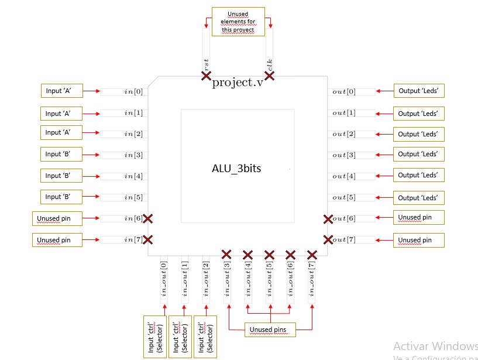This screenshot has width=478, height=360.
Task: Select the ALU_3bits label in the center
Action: (x=236, y=168)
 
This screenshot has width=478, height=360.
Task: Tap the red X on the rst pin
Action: (x=206, y=76)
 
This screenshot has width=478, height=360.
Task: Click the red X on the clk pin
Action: (x=270, y=76)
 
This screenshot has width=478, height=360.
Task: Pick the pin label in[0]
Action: (x=133, y=92)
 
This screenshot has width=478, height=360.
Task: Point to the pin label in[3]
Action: (x=133, y=156)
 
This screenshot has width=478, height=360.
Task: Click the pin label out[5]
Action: (x=343, y=198)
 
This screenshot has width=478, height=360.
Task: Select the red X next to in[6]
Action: (x=148, y=218)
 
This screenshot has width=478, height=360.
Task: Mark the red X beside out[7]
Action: (x=328, y=239)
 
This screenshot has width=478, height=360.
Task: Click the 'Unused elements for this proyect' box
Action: (x=238, y=22)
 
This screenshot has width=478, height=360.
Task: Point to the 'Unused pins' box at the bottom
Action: (x=270, y=330)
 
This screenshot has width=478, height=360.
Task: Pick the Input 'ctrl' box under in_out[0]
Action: (x=155, y=337)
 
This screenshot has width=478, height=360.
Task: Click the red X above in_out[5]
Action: (x=269, y=255)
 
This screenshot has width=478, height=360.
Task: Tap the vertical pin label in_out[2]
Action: (x=206, y=278)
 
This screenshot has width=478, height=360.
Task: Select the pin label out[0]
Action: (x=343, y=92)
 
